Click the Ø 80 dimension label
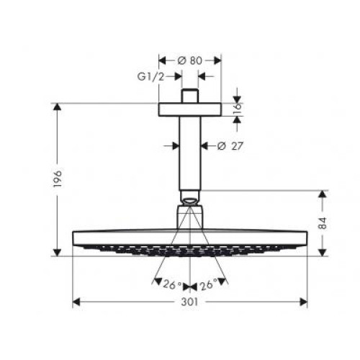point(190,60)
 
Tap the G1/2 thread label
point(151,77)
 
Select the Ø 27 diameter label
point(230,146)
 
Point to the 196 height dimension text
point(58,179)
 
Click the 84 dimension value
point(323,223)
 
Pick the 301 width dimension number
point(189,302)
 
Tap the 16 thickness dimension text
point(237,109)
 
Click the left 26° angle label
point(172,284)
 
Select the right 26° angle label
point(209,286)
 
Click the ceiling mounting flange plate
point(189,109)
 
